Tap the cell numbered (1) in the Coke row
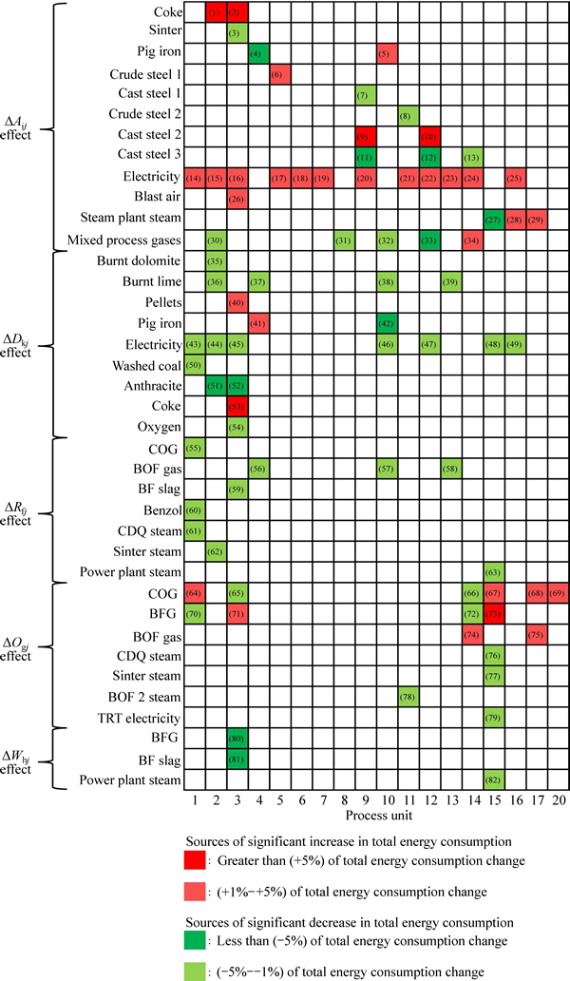215,12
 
